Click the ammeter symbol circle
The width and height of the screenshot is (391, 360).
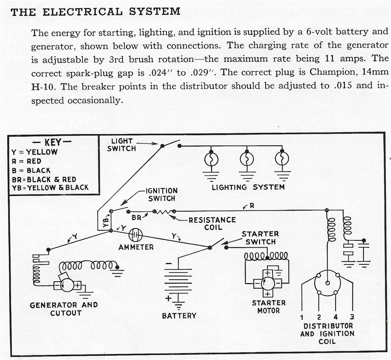[x=136, y=234]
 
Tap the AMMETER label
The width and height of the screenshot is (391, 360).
[x=136, y=247]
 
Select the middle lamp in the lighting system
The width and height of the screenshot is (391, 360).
[x=247, y=159]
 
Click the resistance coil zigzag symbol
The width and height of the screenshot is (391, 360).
[x=164, y=211]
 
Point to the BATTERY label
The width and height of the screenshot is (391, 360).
[x=179, y=316]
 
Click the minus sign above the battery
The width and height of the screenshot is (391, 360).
[x=169, y=264]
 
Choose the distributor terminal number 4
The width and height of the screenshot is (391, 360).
[x=335, y=317]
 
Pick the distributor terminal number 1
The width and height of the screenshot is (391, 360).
[x=302, y=317]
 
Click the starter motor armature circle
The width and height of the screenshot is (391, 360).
[x=268, y=283]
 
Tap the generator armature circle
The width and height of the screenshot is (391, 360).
[x=68, y=285]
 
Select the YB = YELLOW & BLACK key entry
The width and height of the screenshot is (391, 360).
[x=50, y=188]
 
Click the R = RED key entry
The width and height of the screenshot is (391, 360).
[x=26, y=161]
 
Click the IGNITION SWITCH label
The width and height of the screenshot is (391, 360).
[x=162, y=195]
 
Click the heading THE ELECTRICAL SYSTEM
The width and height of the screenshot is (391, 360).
[x=95, y=11]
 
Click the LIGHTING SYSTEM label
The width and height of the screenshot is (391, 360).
[x=248, y=187]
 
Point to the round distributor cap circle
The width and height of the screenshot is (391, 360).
[x=327, y=283]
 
